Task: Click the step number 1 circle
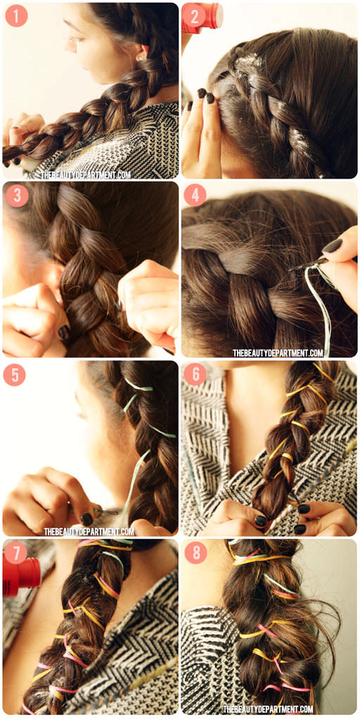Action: click(x=16, y=16)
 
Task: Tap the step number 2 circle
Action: click(x=195, y=16)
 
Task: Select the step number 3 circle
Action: click(x=17, y=196)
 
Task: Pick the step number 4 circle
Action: click(x=195, y=196)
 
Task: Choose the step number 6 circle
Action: click(x=195, y=375)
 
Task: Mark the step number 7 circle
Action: click(x=15, y=553)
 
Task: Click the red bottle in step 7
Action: click(x=22, y=574)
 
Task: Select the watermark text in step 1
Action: click(x=85, y=175)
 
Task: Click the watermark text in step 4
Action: click(x=278, y=353)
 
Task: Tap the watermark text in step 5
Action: click(x=89, y=531)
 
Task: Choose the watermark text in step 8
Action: click(x=269, y=709)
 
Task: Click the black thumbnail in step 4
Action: click(x=332, y=246)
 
